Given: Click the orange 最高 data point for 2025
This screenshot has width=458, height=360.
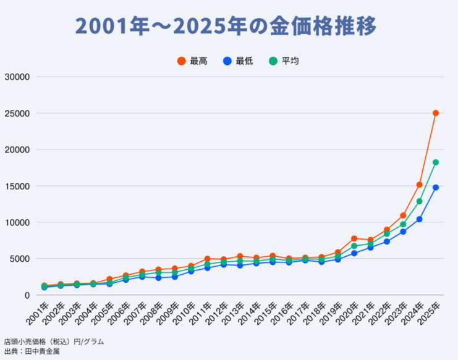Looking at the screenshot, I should (436, 113).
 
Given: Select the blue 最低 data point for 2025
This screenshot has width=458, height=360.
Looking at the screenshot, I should (436, 188).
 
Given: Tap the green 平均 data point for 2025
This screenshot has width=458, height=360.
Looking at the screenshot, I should (436, 162).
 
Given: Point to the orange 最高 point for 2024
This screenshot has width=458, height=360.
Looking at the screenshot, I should (419, 185).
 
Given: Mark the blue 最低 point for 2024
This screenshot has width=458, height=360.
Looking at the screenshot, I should (419, 219).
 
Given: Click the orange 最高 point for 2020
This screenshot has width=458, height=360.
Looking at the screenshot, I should (354, 238).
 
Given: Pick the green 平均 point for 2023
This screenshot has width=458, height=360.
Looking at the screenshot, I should (403, 224).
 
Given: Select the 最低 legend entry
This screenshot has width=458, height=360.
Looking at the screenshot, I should (237, 61).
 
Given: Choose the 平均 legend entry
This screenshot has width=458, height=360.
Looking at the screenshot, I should (284, 61).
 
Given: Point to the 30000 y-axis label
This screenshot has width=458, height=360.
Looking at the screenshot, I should (17, 77).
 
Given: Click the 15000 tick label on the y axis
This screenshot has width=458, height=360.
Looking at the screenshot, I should (17, 186).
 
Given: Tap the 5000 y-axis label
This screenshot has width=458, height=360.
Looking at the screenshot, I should (19, 259).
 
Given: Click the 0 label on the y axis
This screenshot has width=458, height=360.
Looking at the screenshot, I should (27, 295).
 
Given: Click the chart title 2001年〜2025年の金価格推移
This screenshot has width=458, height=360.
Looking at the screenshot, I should (226, 27).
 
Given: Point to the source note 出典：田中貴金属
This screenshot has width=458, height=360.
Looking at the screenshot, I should (32, 351).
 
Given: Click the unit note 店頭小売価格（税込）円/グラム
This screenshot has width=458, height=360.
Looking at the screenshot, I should (54, 341).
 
